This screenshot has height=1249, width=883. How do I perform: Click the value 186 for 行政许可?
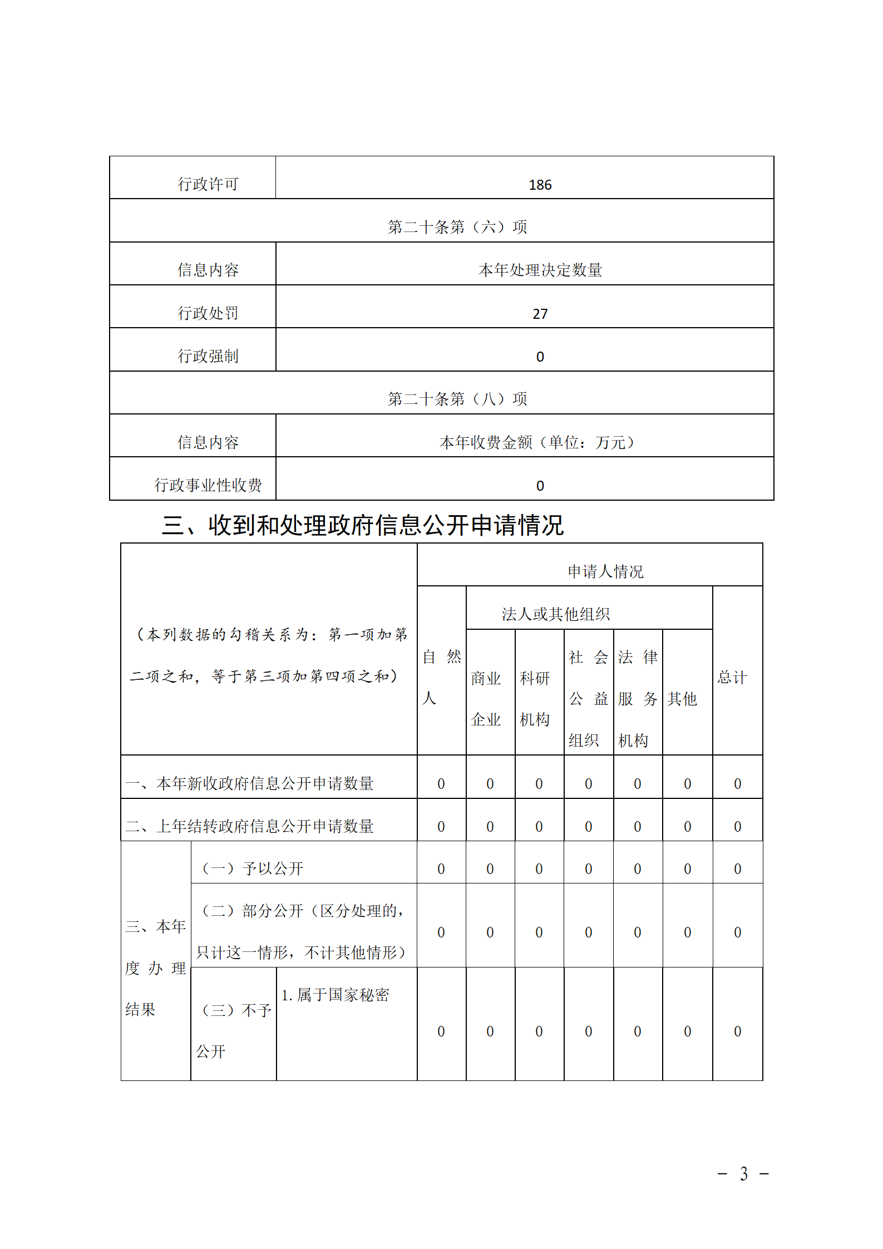point(540,185)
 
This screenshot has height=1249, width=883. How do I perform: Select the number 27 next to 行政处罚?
point(540,314)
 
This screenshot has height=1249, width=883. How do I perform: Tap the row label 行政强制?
point(208,356)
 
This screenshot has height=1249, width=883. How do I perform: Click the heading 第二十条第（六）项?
point(457,227)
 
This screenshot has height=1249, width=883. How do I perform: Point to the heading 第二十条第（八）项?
point(457,399)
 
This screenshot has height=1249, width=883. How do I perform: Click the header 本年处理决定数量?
point(540,270)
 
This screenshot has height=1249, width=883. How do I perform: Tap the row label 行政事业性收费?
point(208,485)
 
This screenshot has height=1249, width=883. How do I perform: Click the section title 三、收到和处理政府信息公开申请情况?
point(362,525)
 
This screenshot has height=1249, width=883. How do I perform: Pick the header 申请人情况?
point(605,571)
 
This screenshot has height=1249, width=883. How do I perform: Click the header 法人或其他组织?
point(555,614)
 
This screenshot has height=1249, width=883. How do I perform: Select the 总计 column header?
point(732,677)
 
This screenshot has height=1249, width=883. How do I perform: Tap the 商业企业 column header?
point(486,699)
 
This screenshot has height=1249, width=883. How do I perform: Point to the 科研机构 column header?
point(534,699)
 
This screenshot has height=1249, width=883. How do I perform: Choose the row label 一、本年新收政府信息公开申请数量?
point(249,783)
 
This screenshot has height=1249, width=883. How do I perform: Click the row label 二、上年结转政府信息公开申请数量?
point(249,826)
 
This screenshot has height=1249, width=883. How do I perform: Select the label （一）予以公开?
point(252,868)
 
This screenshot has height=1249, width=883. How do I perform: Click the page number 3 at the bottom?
point(743,1173)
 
